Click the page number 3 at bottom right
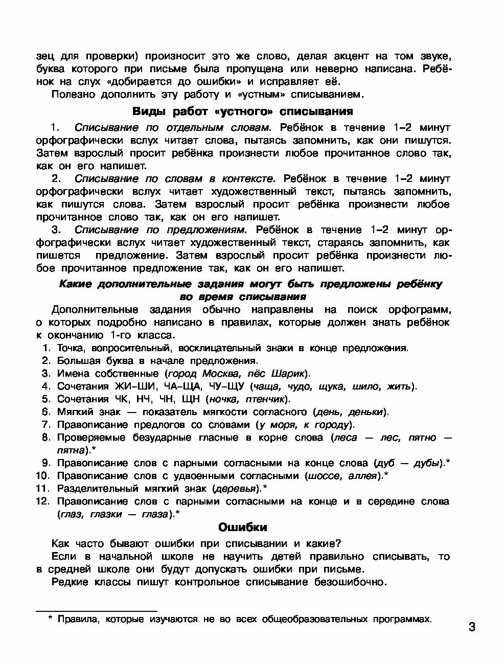471,627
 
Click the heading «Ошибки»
243,527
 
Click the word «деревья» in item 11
235,489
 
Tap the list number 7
45,425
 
